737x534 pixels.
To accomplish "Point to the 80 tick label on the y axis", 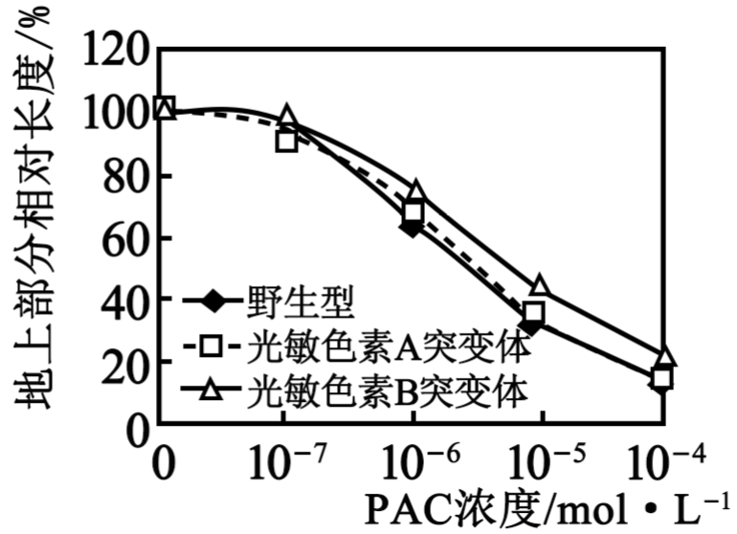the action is (123, 176).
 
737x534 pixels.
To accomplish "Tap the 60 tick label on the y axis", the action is (123, 238).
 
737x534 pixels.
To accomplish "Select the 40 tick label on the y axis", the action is (123, 299).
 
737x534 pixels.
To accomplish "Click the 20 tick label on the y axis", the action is (123, 362).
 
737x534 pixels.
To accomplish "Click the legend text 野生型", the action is (301, 301).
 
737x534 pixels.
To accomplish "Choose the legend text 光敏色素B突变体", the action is (388, 390).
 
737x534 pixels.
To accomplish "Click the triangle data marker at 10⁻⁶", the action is (416, 189).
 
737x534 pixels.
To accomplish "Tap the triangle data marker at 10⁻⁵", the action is (540, 285).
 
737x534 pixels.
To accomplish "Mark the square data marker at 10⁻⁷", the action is (287, 141).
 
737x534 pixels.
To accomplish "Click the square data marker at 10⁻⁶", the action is (413, 212).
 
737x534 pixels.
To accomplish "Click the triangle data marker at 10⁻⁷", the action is (287, 115).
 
